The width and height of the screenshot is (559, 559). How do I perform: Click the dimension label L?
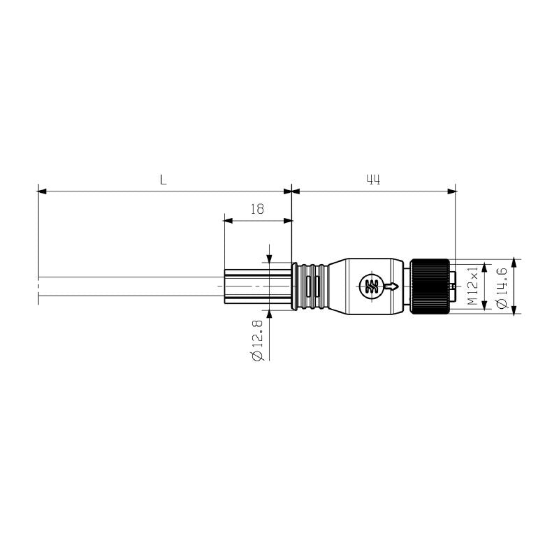(x=163, y=180)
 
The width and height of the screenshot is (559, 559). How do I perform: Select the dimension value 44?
(x=373, y=180)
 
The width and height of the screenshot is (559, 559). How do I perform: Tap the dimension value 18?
(x=257, y=209)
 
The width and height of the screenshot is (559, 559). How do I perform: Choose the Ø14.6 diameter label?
(x=500, y=286)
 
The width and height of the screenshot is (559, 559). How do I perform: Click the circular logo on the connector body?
(x=370, y=286)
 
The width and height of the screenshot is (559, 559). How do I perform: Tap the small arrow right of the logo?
(x=393, y=286)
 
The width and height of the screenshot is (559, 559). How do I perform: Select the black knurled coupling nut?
(x=429, y=286)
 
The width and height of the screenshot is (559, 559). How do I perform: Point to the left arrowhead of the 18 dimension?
(x=227, y=220)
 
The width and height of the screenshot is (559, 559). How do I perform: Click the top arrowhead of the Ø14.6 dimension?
(x=515, y=264)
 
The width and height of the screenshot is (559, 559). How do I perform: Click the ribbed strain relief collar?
(x=310, y=286)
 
